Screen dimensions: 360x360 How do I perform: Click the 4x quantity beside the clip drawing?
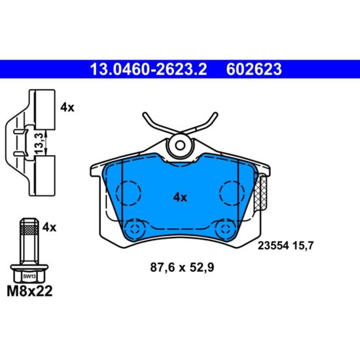67,108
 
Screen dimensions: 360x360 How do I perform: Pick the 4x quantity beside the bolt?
49,227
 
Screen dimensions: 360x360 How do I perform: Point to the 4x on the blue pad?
180,196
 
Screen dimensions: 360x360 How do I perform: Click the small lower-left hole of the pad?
136,227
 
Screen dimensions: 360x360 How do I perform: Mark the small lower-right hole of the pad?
223,227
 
